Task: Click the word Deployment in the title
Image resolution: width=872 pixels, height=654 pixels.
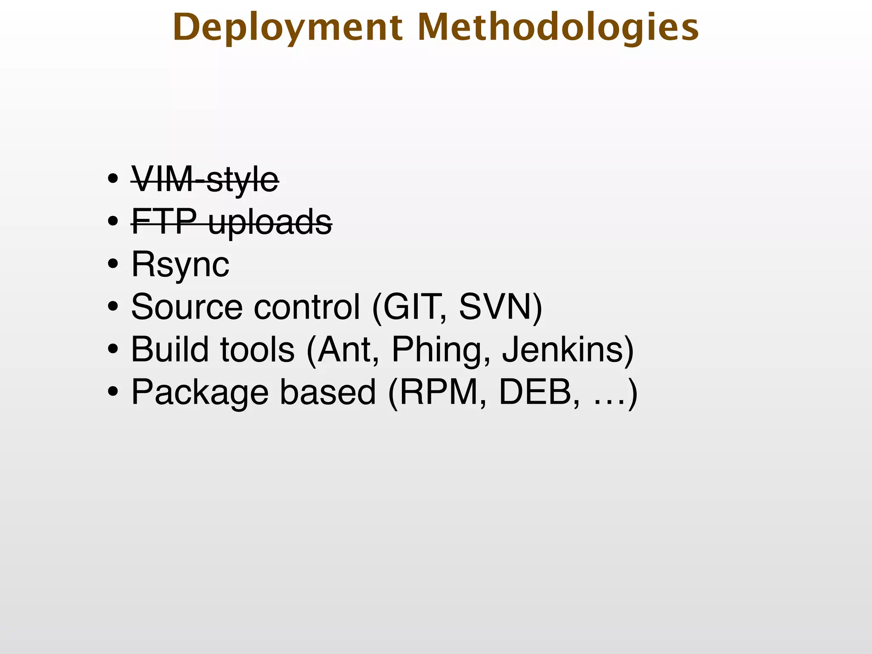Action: coord(287,28)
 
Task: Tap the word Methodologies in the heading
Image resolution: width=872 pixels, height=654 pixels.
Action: coord(558,28)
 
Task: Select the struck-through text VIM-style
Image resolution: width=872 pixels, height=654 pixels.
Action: coord(205,179)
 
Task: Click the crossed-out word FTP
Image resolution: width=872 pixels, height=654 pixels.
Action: coord(164,221)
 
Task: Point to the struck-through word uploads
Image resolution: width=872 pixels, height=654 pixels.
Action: coord(270,222)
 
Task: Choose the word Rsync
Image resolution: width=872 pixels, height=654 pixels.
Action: coord(180,264)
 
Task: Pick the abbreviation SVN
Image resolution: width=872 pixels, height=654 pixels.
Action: coord(496,307)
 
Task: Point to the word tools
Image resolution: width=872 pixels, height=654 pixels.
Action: coord(257,349)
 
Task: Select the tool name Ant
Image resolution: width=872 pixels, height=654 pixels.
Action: coord(344,349)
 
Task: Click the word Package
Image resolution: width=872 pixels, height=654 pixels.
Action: coord(200,393)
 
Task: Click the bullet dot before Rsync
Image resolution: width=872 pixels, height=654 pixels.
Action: coord(113,264)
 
